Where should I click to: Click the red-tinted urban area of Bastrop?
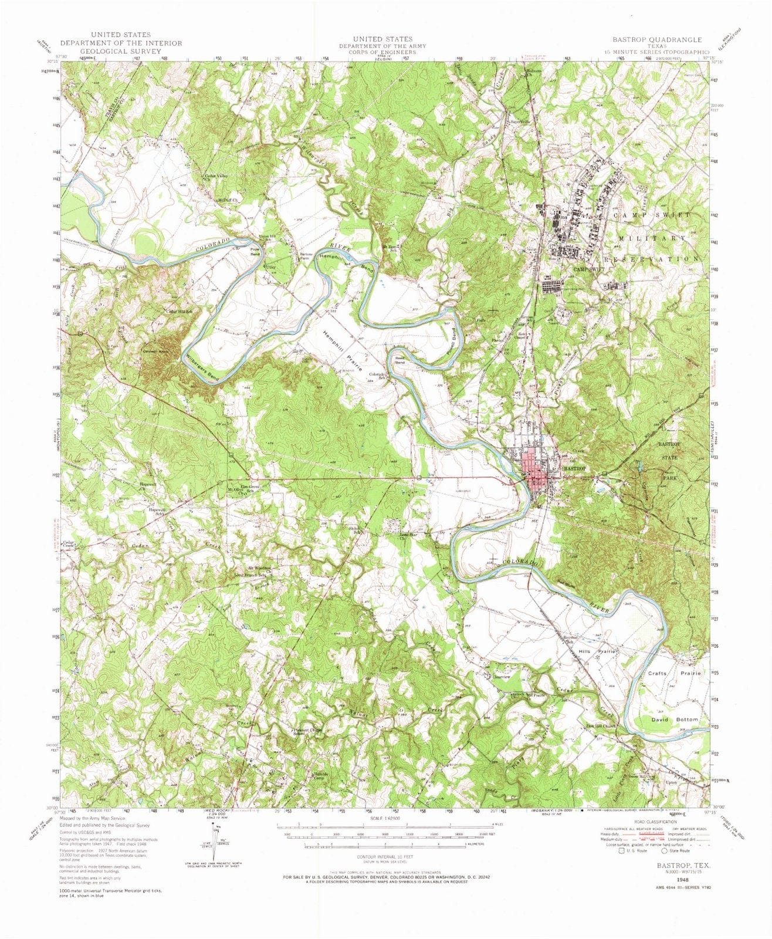coord(536,469)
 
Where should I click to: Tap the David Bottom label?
coord(675,719)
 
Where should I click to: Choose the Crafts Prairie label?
coord(675,673)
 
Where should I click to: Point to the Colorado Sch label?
coord(377,376)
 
